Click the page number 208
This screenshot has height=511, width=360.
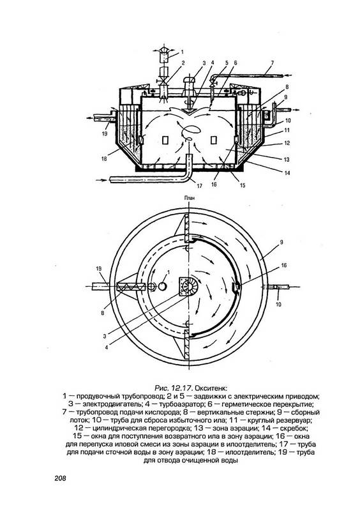(60, 478)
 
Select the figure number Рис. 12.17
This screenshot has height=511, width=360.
(174, 388)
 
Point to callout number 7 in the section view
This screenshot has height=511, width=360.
(272, 63)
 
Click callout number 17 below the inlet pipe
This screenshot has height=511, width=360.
(199, 186)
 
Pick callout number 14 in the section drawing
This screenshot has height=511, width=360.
(287, 173)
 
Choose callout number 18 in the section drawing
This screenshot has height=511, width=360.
(104, 158)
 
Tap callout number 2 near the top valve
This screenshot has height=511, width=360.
(183, 63)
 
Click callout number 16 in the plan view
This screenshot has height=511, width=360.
(284, 266)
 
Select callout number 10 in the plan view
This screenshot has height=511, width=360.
(278, 305)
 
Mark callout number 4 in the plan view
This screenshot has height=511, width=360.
(107, 347)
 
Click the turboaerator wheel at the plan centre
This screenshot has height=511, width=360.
(188, 286)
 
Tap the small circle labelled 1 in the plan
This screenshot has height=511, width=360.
(162, 286)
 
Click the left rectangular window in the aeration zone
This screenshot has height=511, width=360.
(165, 140)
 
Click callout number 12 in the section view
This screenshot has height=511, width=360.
(287, 143)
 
